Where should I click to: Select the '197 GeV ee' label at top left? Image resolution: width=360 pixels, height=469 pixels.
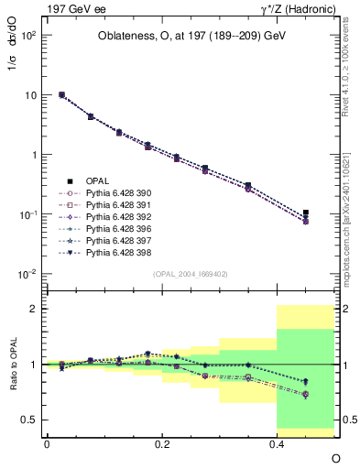point(71,8)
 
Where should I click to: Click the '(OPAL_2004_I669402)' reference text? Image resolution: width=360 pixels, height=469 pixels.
point(191,274)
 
